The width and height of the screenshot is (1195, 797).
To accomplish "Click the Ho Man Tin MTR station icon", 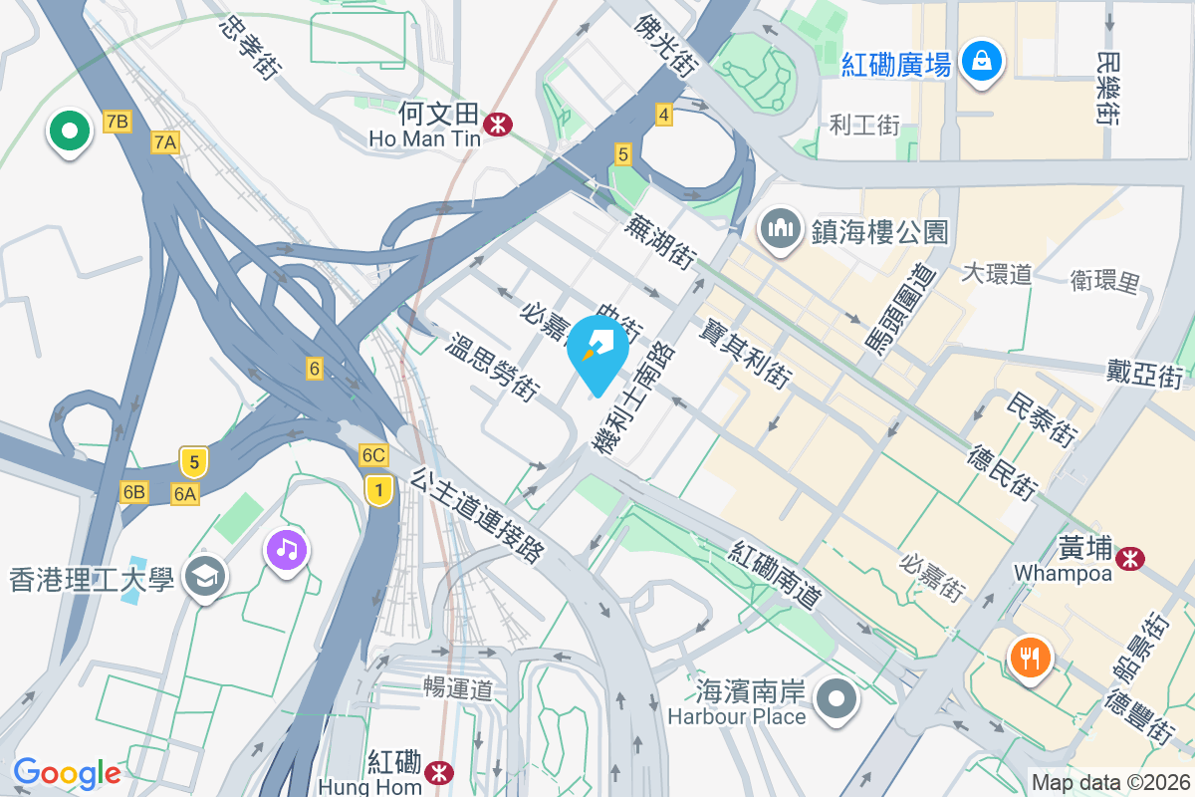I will [496, 124].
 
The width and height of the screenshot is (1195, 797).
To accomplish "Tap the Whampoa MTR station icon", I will [1129, 558].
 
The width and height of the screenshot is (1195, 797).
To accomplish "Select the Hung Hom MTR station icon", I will [437, 772].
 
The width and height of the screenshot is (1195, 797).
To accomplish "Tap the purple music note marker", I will [287, 549].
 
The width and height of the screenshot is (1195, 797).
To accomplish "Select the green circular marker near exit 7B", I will [70, 131].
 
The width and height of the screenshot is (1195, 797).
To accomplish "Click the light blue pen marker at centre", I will [597, 350].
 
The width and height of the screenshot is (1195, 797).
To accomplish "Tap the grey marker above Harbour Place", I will [836, 698].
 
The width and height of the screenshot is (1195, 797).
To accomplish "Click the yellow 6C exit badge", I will [373, 455].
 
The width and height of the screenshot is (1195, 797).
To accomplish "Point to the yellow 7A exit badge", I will [165, 142].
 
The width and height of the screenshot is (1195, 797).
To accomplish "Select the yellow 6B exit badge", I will [133, 491].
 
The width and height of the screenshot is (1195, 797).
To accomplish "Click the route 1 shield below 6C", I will [377, 489].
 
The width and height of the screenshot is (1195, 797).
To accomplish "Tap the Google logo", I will [67, 773].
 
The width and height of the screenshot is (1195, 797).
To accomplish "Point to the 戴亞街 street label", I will [1144, 374].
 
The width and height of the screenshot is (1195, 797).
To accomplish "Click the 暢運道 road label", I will [458, 687].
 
